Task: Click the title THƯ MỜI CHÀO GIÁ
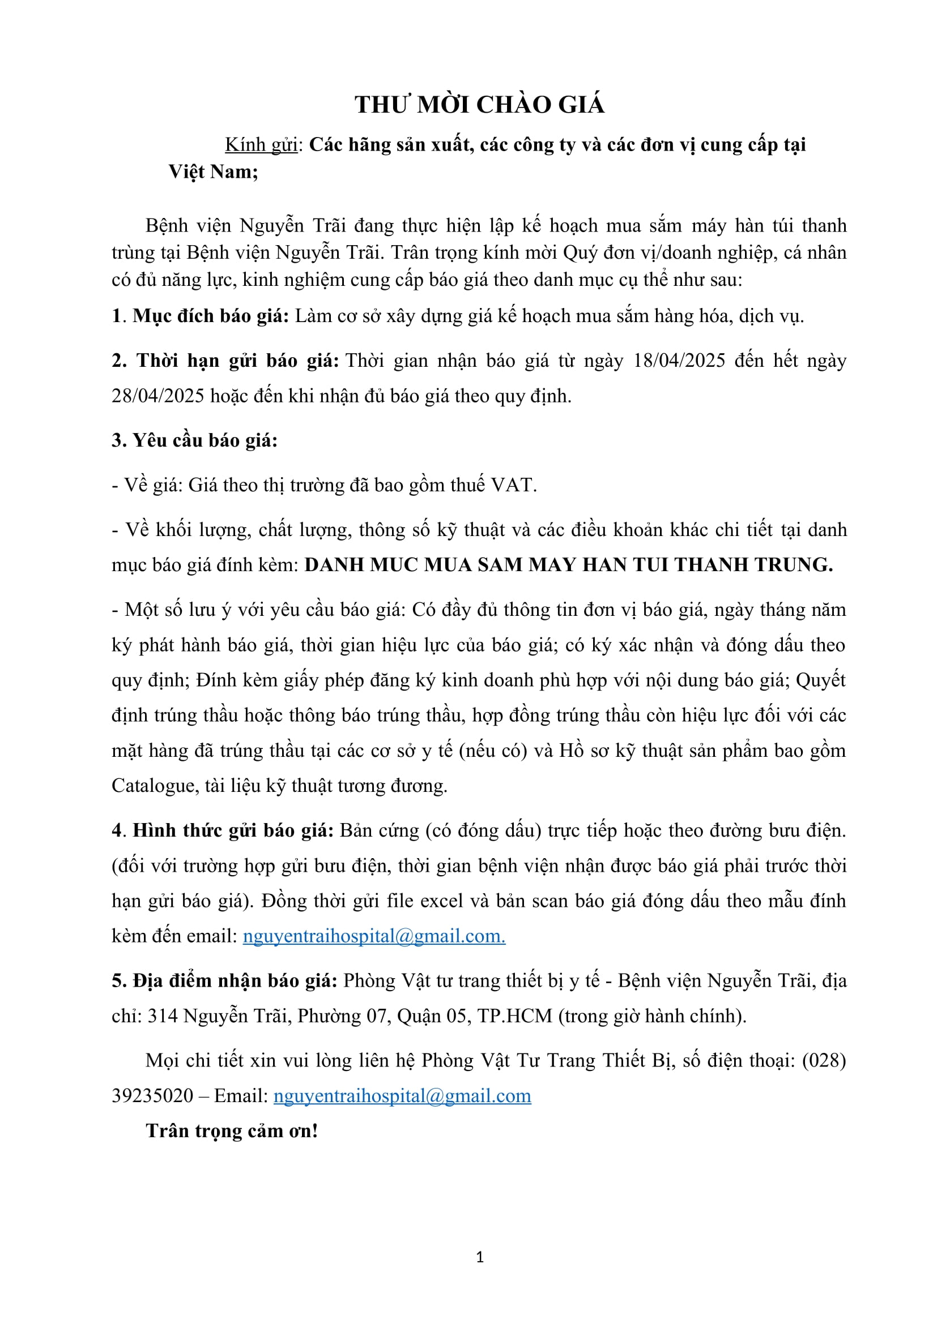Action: pyautogui.click(x=479, y=105)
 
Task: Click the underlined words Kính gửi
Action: pyautogui.click(x=261, y=145)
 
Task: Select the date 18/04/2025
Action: pyautogui.click(x=679, y=361)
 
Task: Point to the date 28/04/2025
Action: pyautogui.click(x=157, y=396)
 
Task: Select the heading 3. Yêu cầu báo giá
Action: pyautogui.click(x=194, y=440)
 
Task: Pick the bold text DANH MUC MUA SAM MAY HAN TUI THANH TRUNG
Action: pyautogui.click(x=568, y=564)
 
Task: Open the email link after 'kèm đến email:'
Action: pyautogui.click(x=373, y=936)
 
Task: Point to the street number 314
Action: pyautogui.click(x=163, y=1016)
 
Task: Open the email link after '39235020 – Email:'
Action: pyautogui.click(x=402, y=1096)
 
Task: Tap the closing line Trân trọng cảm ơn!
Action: pyautogui.click(x=232, y=1131)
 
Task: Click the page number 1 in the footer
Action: pyautogui.click(x=480, y=1257)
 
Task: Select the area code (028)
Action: pyautogui.click(x=824, y=1060)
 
